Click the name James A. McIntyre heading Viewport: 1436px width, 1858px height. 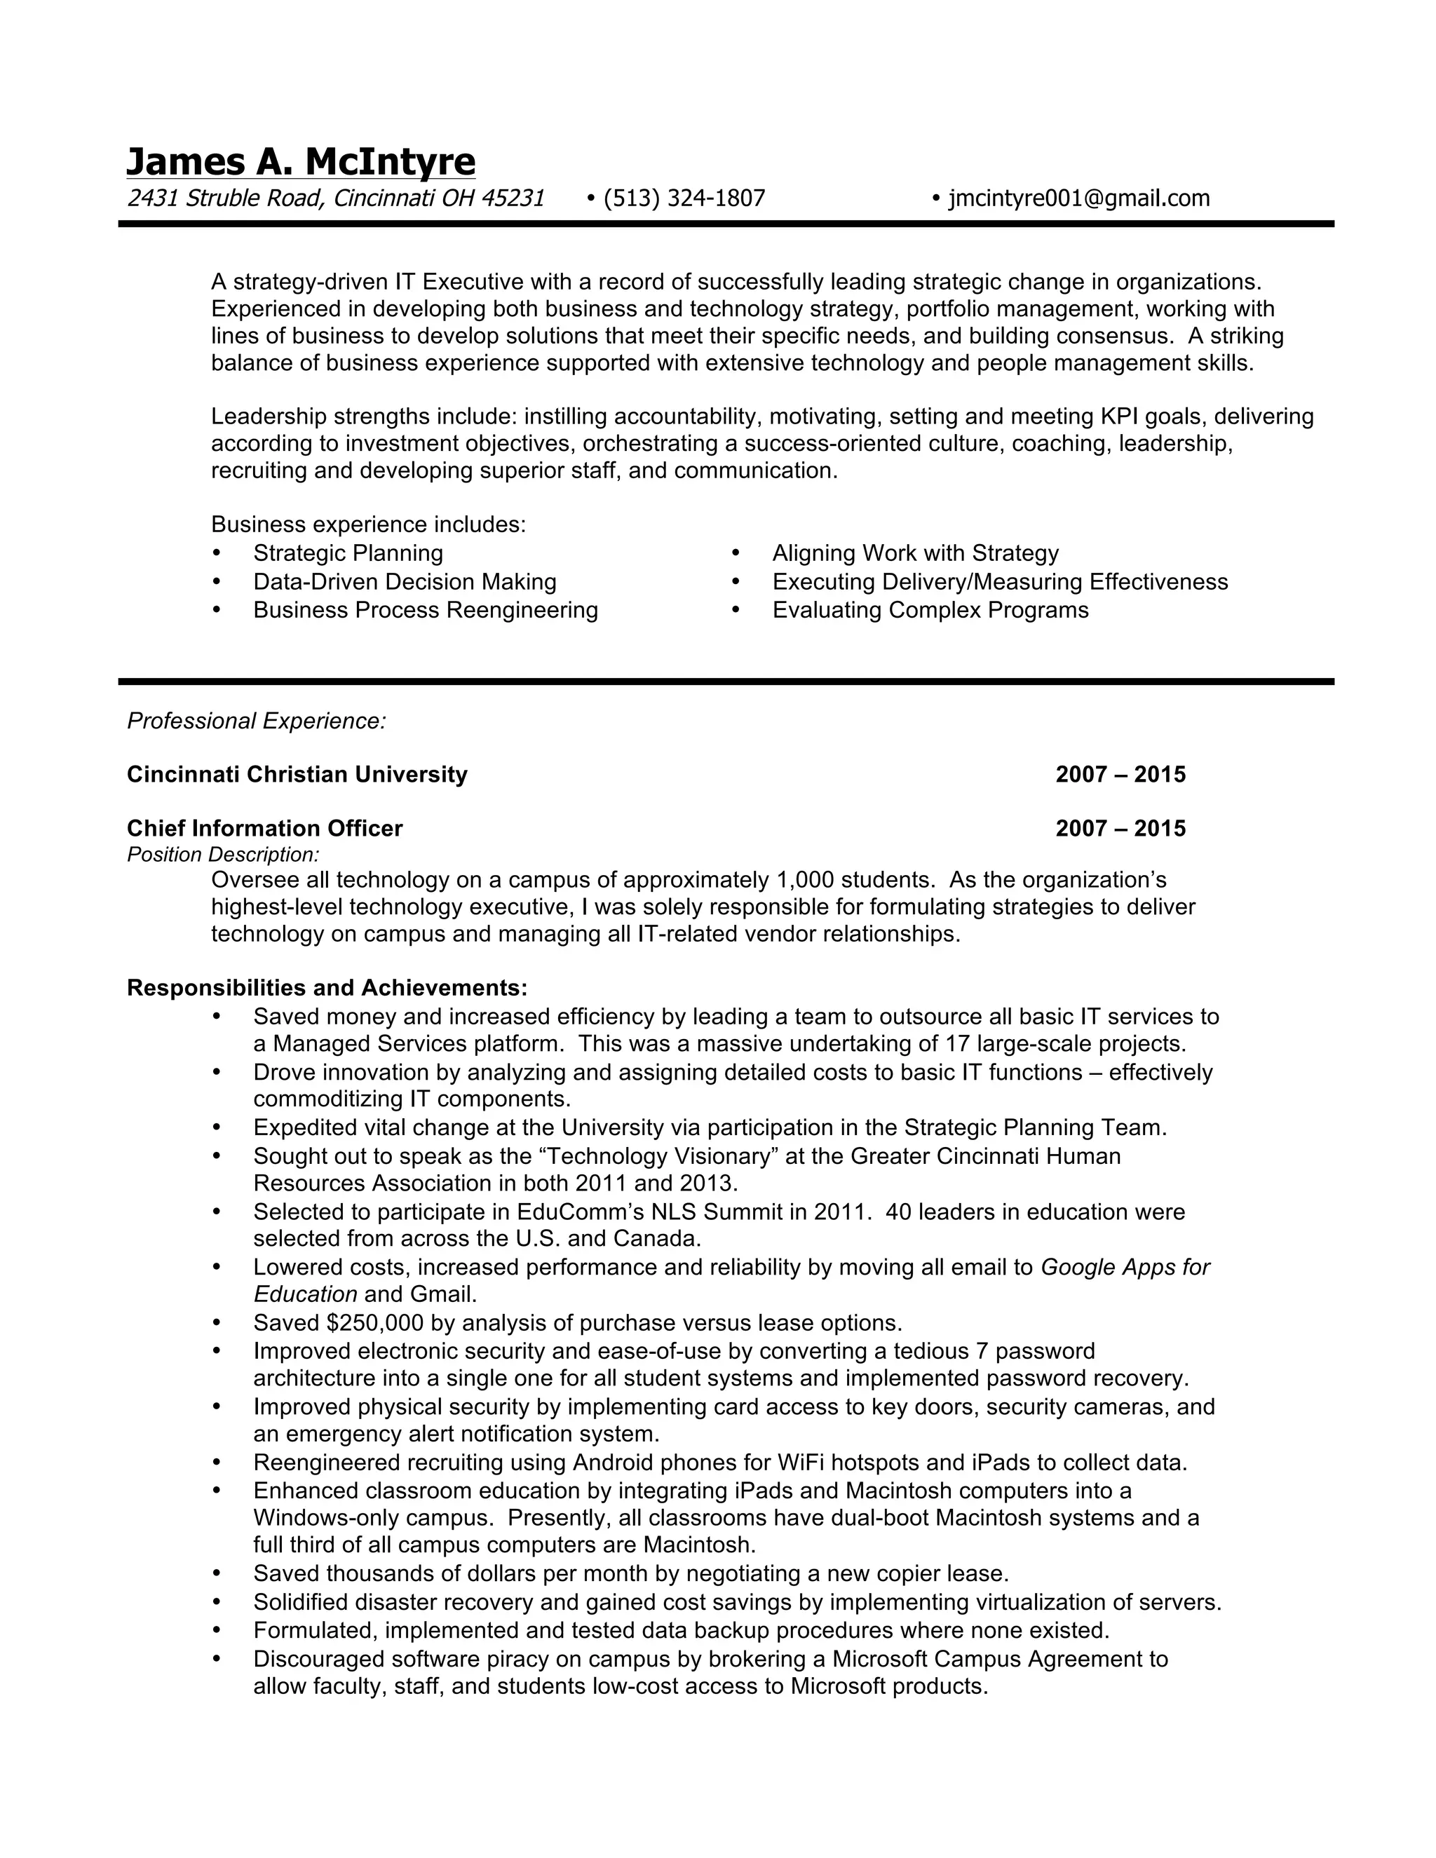pos(300,162)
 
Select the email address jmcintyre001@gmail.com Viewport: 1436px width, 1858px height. pos(1078,198)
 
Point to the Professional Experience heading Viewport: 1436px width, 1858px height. pos(256,721)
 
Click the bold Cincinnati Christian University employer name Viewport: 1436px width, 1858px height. pos(297,774)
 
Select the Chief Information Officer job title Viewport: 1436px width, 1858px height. pos(264,829)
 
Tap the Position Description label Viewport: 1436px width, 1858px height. pos(223,854)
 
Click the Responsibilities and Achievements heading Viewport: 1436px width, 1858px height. pos(327,988)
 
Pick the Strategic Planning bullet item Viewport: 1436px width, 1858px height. pos(348,554)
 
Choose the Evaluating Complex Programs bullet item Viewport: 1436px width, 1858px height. pos(930,610)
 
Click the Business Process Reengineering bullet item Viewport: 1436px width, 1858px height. pos(426,610)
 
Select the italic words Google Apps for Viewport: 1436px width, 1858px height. pos(1125,1268)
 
